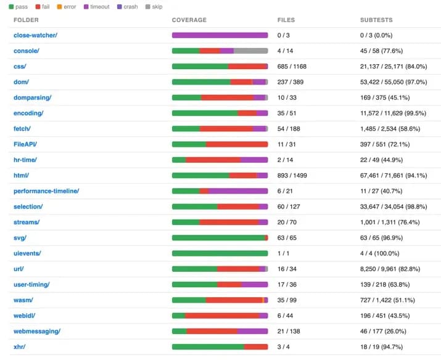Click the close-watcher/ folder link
(x=35, y=35)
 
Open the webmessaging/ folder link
(x=37, y=331)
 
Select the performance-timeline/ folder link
(x=46, y=191)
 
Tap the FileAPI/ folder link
(x=25, y=144)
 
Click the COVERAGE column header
(x=189, y=20)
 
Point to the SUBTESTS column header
(x=376, y=20)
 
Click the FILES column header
(x=286, y=20)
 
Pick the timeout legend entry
(x=96, y=7)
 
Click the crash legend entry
(x=128, y=7)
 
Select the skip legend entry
(x=154, y=7)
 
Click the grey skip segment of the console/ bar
(x=250, y=51)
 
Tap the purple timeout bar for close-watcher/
(x=220, y=35)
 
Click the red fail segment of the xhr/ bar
(x=256, y=347)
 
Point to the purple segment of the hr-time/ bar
(x=254, y=160)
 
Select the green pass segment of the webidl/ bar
(x=179, y=316)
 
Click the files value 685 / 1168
(x=292, y=67)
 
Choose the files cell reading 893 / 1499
(x=292, y=176)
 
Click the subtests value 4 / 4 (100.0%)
(x=380, y=253)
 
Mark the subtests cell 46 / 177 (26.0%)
(x=383, y=331)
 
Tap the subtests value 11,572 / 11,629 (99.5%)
(x=393, y=113)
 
